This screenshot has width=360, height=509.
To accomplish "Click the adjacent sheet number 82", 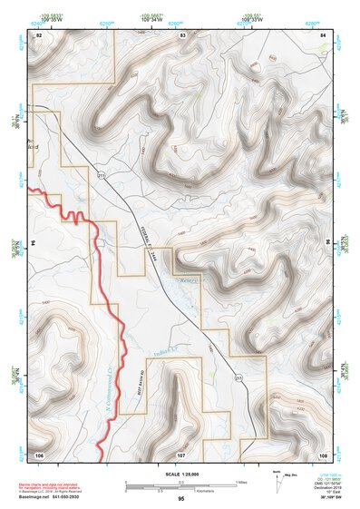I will click(x=39, y=34).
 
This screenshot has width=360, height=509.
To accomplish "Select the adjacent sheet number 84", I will click(x=323, y=34).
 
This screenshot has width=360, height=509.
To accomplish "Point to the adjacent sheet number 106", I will click(x=39, y=453).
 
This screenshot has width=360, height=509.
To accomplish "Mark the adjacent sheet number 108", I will click(x=323, y=453).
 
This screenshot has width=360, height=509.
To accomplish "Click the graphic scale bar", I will click(x=181, y=484).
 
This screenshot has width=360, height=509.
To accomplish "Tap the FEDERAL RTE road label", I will click(x=156, y=237).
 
